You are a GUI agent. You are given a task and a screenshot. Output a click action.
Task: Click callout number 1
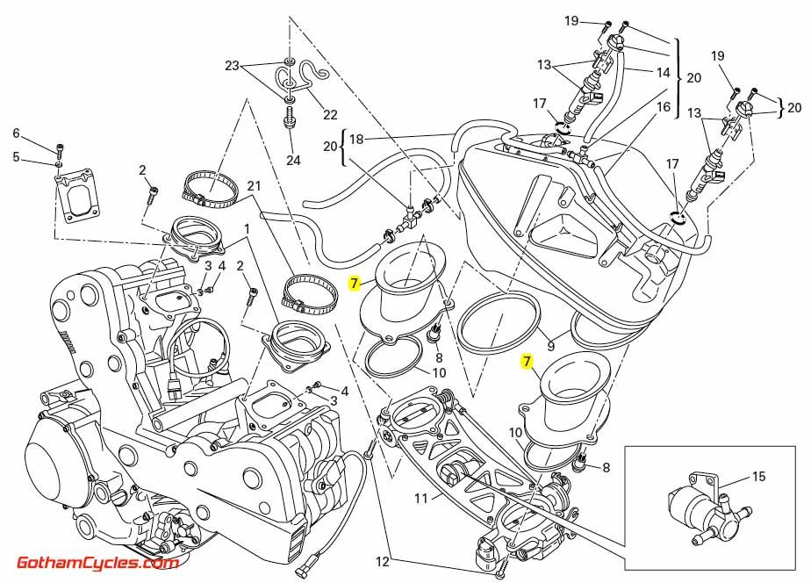tap(248, 228)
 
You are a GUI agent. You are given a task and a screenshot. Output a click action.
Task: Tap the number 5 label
tap(15, 158)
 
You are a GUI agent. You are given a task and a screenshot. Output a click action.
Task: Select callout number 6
tap(15, 133)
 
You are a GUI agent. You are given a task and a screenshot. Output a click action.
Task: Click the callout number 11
tap(420, 498)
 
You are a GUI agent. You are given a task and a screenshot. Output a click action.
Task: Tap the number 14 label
tap(663, 72)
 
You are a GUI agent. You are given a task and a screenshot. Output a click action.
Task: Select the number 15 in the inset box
tap(758, 477)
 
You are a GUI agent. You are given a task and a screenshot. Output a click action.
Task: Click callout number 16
tap(663, 107)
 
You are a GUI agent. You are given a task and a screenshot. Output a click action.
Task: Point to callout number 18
tap(355, 139)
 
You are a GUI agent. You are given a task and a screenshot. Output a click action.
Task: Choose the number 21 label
tap(255, 185)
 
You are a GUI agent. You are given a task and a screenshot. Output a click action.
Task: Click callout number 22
tap(330, 115)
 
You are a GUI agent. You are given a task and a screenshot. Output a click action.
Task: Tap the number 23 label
tap(232, 66)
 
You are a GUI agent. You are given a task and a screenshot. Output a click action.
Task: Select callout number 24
tap(292, 161)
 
